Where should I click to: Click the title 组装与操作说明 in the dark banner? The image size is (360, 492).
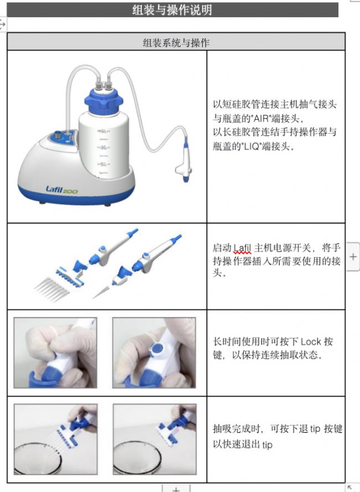(x=172, y=10)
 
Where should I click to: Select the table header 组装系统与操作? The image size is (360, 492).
(x=176, y=42)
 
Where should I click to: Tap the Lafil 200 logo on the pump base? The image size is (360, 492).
(x=61, y=189)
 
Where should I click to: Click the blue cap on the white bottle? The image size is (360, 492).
(x=104, y=100)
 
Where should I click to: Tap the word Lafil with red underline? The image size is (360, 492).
(x=243, y=248)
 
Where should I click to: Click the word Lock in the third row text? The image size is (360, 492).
(x=311, y=341)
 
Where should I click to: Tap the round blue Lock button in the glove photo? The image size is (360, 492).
(x=156, y=349)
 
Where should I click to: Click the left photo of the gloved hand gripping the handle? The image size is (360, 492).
(x=55, y=352)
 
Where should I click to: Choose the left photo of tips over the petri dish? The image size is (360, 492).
(x=55, y=439)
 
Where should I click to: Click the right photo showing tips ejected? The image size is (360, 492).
(x=155, y=439)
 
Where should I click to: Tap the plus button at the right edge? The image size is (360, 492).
(x=353, y=257)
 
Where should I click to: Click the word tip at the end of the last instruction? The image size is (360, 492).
(x=267, y=445)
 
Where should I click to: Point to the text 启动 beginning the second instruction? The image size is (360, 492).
(x=222, y=248)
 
